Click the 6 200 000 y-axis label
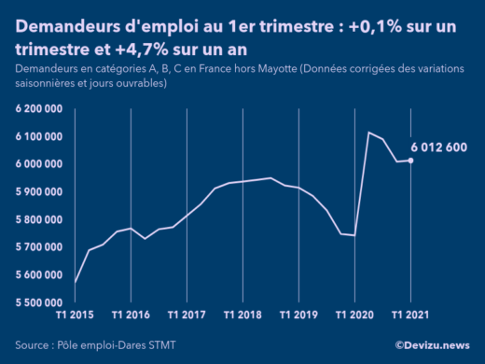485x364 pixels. pos(38,109)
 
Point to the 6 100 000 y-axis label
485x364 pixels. pos(38,137)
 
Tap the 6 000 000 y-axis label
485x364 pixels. pos(38,164)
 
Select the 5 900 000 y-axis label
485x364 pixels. pos(38,192)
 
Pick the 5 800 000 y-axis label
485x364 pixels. pos(38,220)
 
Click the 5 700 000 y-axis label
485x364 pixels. pos(38,247)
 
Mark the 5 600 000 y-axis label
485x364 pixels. pos(38,275)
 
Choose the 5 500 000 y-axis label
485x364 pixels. pos(38,302)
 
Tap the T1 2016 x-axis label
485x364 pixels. pos(131,315)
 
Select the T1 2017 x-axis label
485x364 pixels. pos(187,315)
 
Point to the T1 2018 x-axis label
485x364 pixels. pos(242,315)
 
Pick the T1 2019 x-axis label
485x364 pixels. pos(298,315)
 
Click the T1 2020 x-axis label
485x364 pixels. pos(354,315)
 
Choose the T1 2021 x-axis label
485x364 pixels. pos(410,315)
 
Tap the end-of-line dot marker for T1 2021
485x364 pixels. pos(411,161)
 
